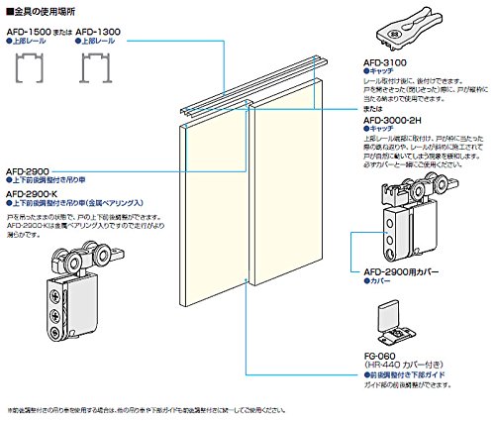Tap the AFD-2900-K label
coord(33,193)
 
